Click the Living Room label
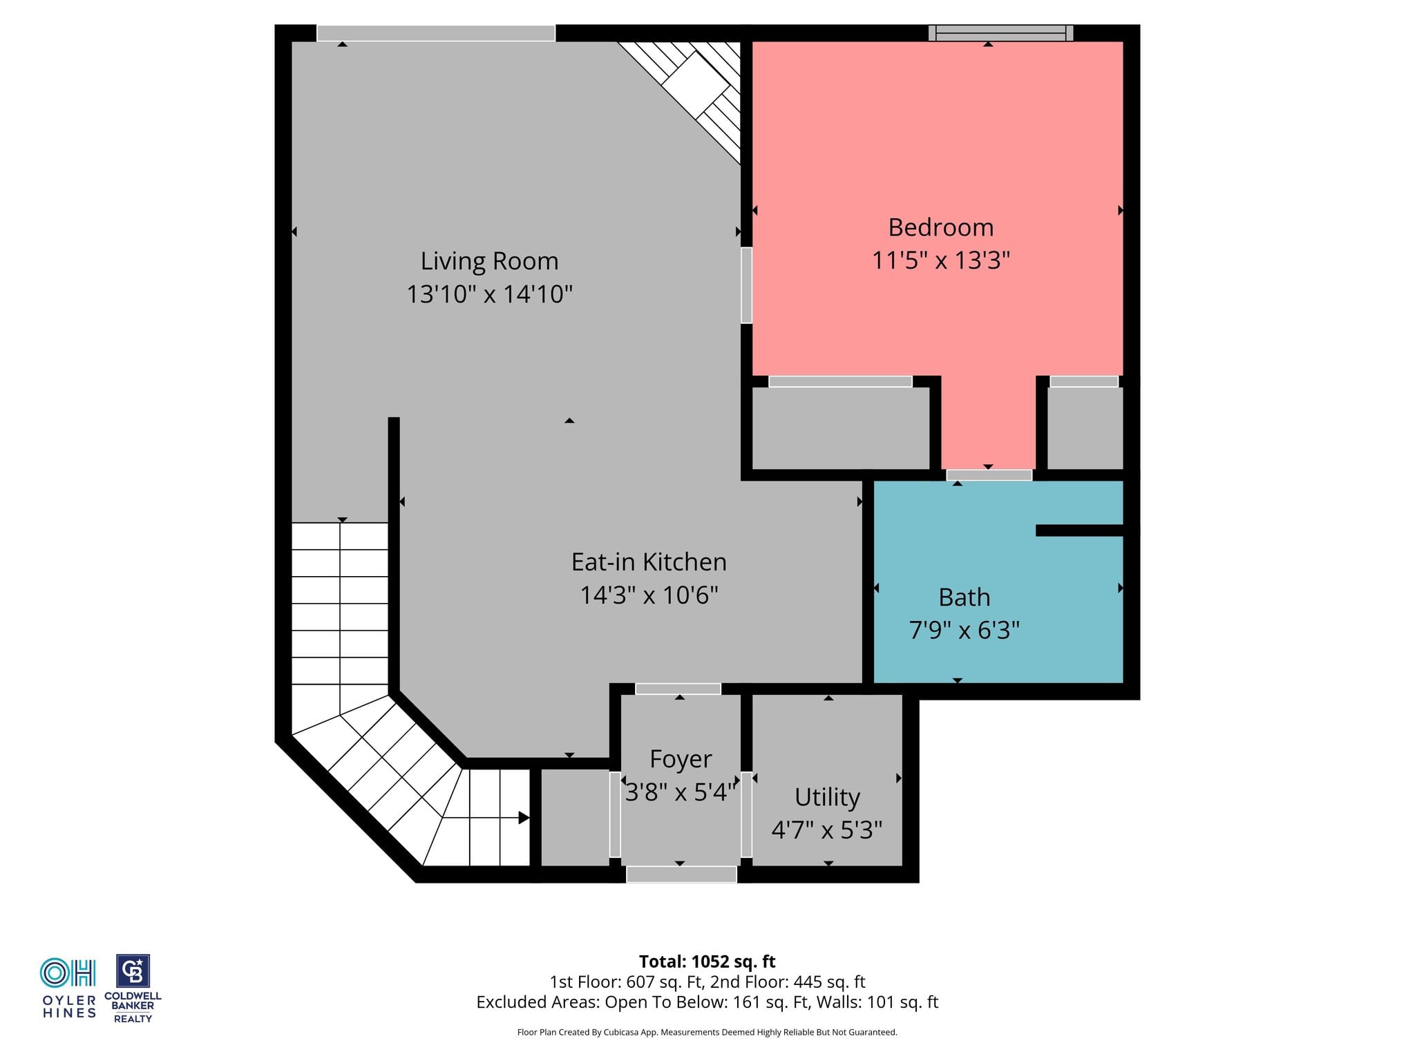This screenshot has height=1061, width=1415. pos(489,261)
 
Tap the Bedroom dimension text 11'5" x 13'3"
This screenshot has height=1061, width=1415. pos(941,260)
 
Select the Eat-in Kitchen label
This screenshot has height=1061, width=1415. pos(649,562)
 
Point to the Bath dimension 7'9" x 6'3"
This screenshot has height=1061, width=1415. pos(965,630)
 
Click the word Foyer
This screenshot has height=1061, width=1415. pos(681,759)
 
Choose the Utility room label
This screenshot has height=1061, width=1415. pos(827,797)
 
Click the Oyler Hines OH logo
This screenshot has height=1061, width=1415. pos(68,973)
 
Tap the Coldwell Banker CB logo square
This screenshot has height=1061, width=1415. pos(133,972)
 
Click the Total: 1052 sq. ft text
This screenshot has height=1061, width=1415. pos(707,962)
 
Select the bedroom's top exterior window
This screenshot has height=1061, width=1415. pos(1000,32)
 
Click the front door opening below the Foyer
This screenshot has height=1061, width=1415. pos(681,874)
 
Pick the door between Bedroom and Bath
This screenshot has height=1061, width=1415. pos(989,475)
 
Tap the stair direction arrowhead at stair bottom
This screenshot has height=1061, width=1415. pos(524,818)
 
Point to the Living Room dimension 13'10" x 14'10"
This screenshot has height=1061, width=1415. pos(489,294)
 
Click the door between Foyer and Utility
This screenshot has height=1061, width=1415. pos(746,814)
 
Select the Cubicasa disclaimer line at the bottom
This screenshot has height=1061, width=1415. pos(707,1032)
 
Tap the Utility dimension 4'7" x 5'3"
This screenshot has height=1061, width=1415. pos(827,830)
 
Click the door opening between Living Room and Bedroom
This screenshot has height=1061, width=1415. pos(746,285)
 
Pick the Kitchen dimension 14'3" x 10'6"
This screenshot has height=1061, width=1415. pos(649,595)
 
